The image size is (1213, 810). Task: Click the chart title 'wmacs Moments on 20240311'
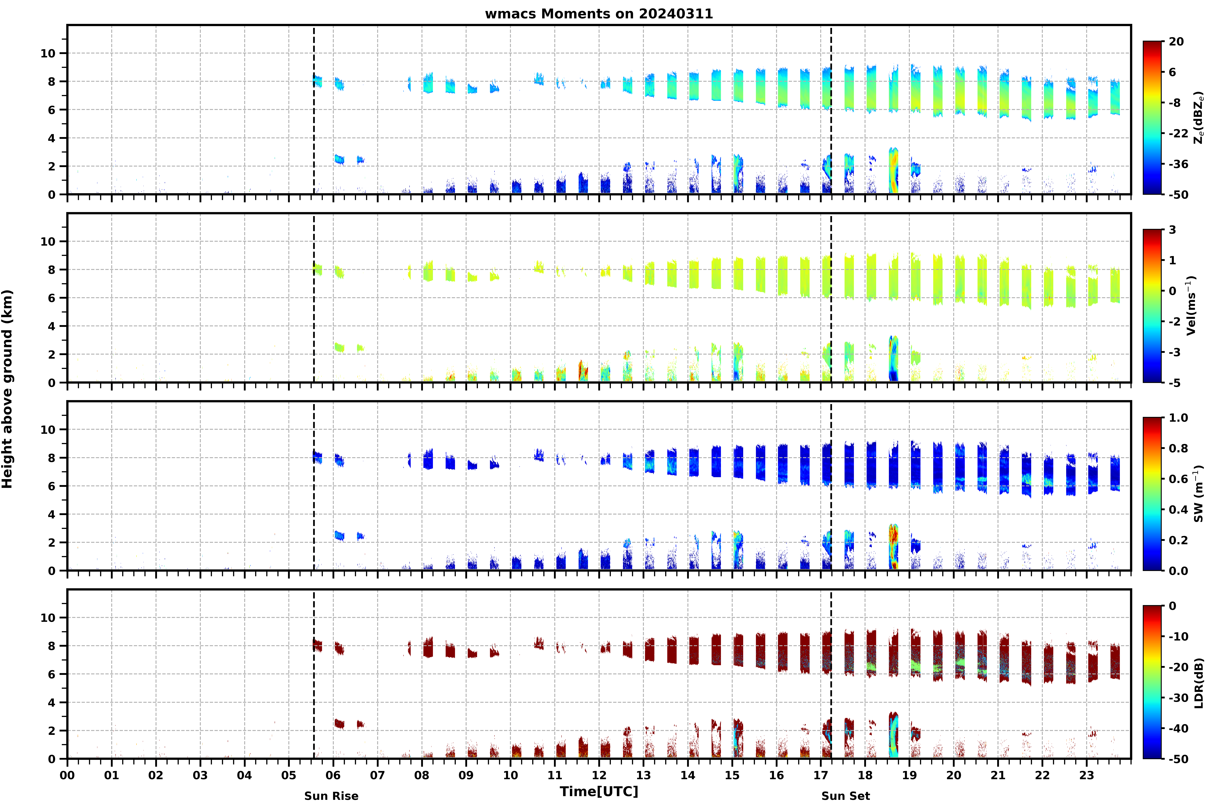point(599,14)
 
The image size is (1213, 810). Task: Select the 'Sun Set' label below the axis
point(846,796)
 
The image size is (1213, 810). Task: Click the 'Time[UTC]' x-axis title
point(599,791)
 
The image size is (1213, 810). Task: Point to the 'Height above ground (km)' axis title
point(7,389)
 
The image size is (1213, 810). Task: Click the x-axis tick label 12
point(599,775)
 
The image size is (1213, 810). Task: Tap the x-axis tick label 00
point(67,775)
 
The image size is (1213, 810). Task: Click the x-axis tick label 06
point(333,775)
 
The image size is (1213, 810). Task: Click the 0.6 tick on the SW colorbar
point(1178,479)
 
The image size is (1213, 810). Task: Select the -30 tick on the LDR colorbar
point(1178,698)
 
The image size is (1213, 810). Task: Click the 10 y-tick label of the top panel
point(48,53)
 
